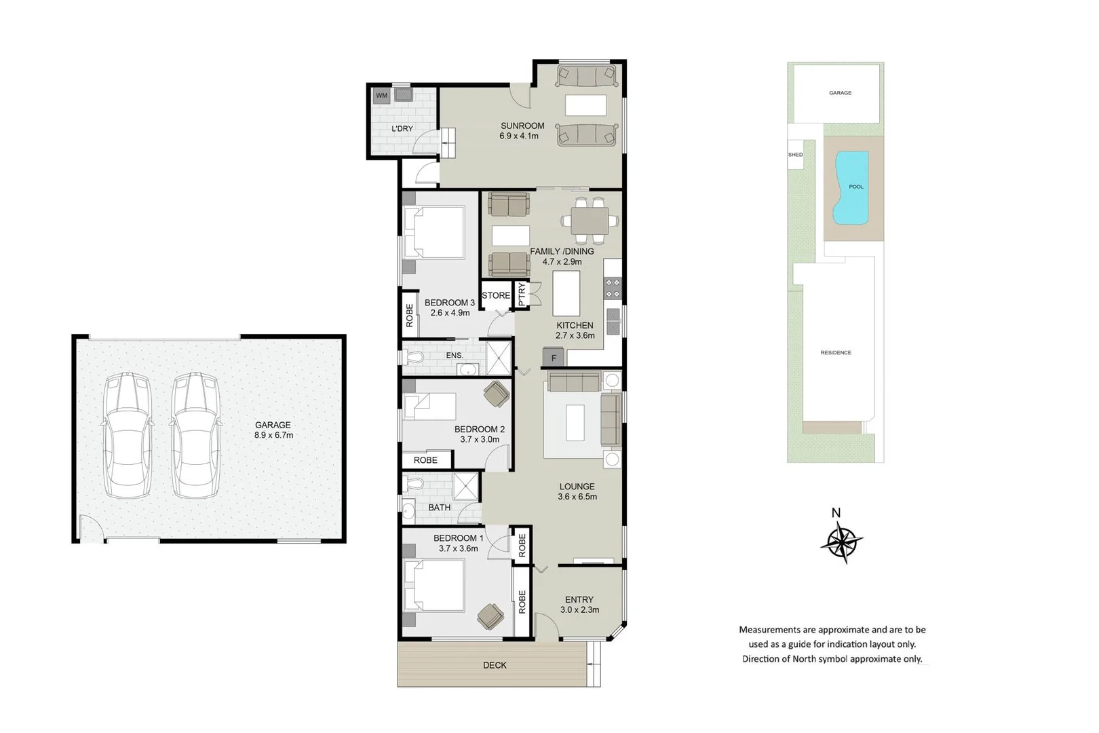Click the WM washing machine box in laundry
click(x=381, y=96)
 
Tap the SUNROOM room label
click(x=522, y=126)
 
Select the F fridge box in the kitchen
click(x=554, y=358)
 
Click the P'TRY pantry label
click(x=522, y=295)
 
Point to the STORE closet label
click(x=496, y=295)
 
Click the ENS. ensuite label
click(x=455, y=356)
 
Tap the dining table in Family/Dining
click(x=590, y=221)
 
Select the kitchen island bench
click(x=566, y=293)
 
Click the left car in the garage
click(x=128, y=434)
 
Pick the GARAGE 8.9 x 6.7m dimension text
click(x=273, y=435)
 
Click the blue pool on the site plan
click(x=852, y=189)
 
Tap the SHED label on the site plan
click(x=795, y=155)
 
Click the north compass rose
click(x=841, y=542)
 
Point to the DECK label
click(x=495, y=665)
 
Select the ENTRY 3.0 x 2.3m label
click(x=579, y=604)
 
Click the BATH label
click(x=439, y=508)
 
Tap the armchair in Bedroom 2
click(x=496, y=394)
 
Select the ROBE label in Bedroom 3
click(x=410, y=315)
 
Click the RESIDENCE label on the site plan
click(x=835, y=353)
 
